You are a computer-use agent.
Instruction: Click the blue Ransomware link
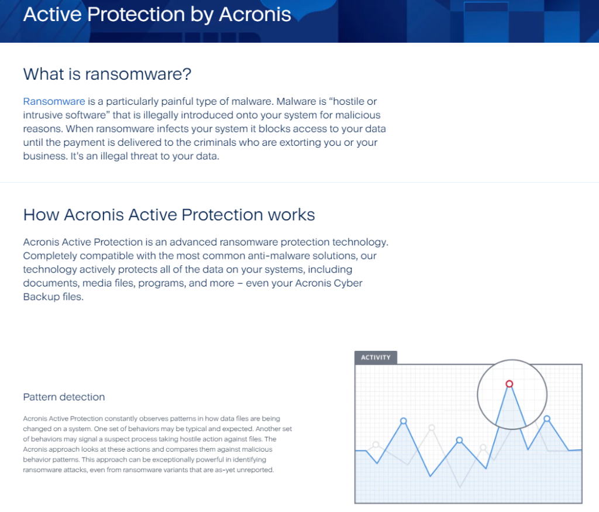click(54, 101)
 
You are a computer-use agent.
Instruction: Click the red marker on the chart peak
click(510, 384)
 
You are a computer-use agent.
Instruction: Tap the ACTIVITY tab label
click(376, 357)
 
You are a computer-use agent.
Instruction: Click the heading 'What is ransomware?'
click(107, 74)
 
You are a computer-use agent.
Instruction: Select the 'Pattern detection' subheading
click(64, 397)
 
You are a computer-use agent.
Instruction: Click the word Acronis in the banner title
click(255, 15)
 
